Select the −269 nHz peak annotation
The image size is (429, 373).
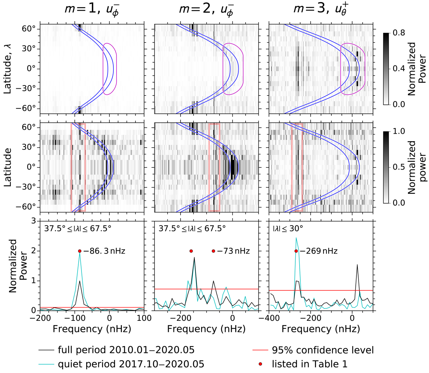pyautogui.click(x=319, y=251)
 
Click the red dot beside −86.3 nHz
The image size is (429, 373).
pyautogui.click(x=80, y=251)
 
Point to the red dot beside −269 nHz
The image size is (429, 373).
pyautogui.click(x=296, y=251)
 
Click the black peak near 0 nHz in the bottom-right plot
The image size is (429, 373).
pyautogui.click(x=357, y=265)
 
